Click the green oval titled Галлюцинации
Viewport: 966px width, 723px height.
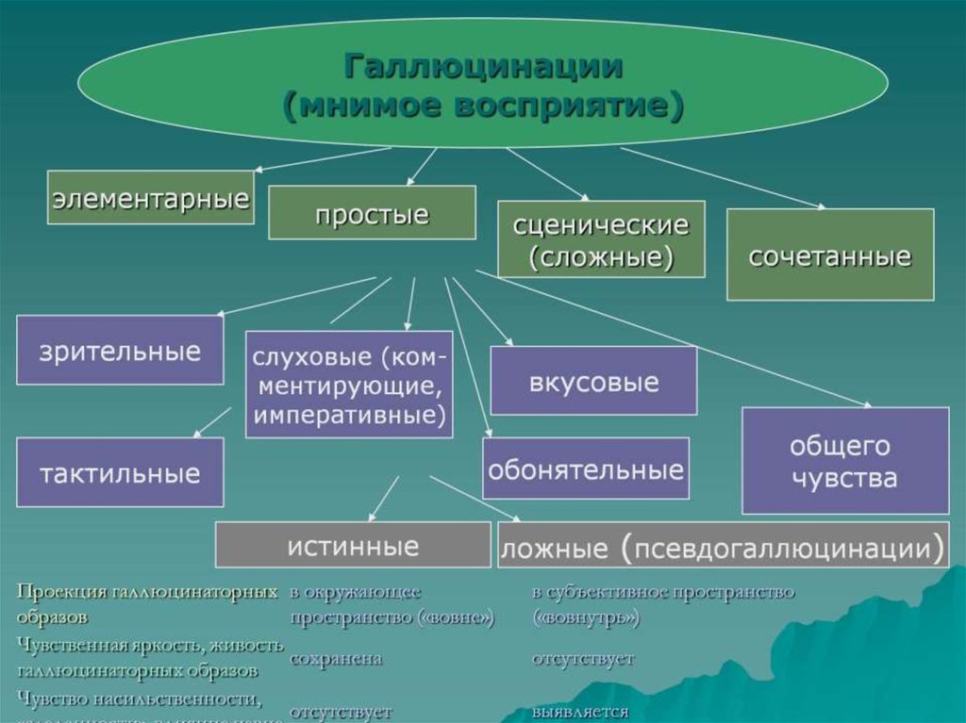482,85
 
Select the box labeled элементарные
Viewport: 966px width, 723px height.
150,197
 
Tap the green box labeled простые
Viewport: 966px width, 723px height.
372,213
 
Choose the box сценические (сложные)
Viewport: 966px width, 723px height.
601,239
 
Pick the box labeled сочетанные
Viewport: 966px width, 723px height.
830,255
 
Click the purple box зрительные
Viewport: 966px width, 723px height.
120,350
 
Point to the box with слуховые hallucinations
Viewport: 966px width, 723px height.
349,384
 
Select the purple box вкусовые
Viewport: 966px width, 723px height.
593,381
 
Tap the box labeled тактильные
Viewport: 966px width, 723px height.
120,471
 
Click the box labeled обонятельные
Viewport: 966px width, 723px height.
585,468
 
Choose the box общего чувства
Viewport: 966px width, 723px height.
844,460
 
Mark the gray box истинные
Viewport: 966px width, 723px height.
353,545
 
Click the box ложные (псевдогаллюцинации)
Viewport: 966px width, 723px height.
723,545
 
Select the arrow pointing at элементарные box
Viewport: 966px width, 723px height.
321,159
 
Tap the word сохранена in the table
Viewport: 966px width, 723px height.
336,659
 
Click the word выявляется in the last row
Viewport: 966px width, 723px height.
579,711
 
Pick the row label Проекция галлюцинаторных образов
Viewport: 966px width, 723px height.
146,603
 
